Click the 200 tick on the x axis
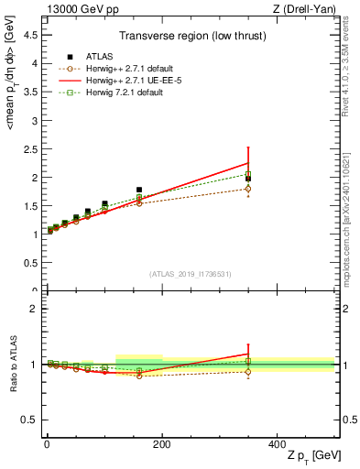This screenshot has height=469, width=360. pyautogui.click(x=161, y=442)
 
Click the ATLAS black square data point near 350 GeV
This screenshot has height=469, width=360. pyautogui.click(x=248, y=179)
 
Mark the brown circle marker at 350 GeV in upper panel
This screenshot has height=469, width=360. pyautogui.click(x=248, y=189)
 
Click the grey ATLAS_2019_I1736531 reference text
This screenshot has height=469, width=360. pyautogui.click(x=190, y=273)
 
